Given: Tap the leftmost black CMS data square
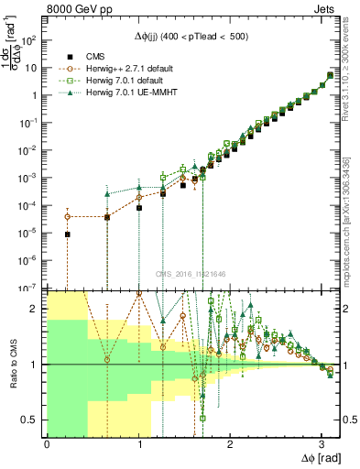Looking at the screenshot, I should [x=67, y=234].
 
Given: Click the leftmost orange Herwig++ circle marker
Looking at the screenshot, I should [x=67, y=217].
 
